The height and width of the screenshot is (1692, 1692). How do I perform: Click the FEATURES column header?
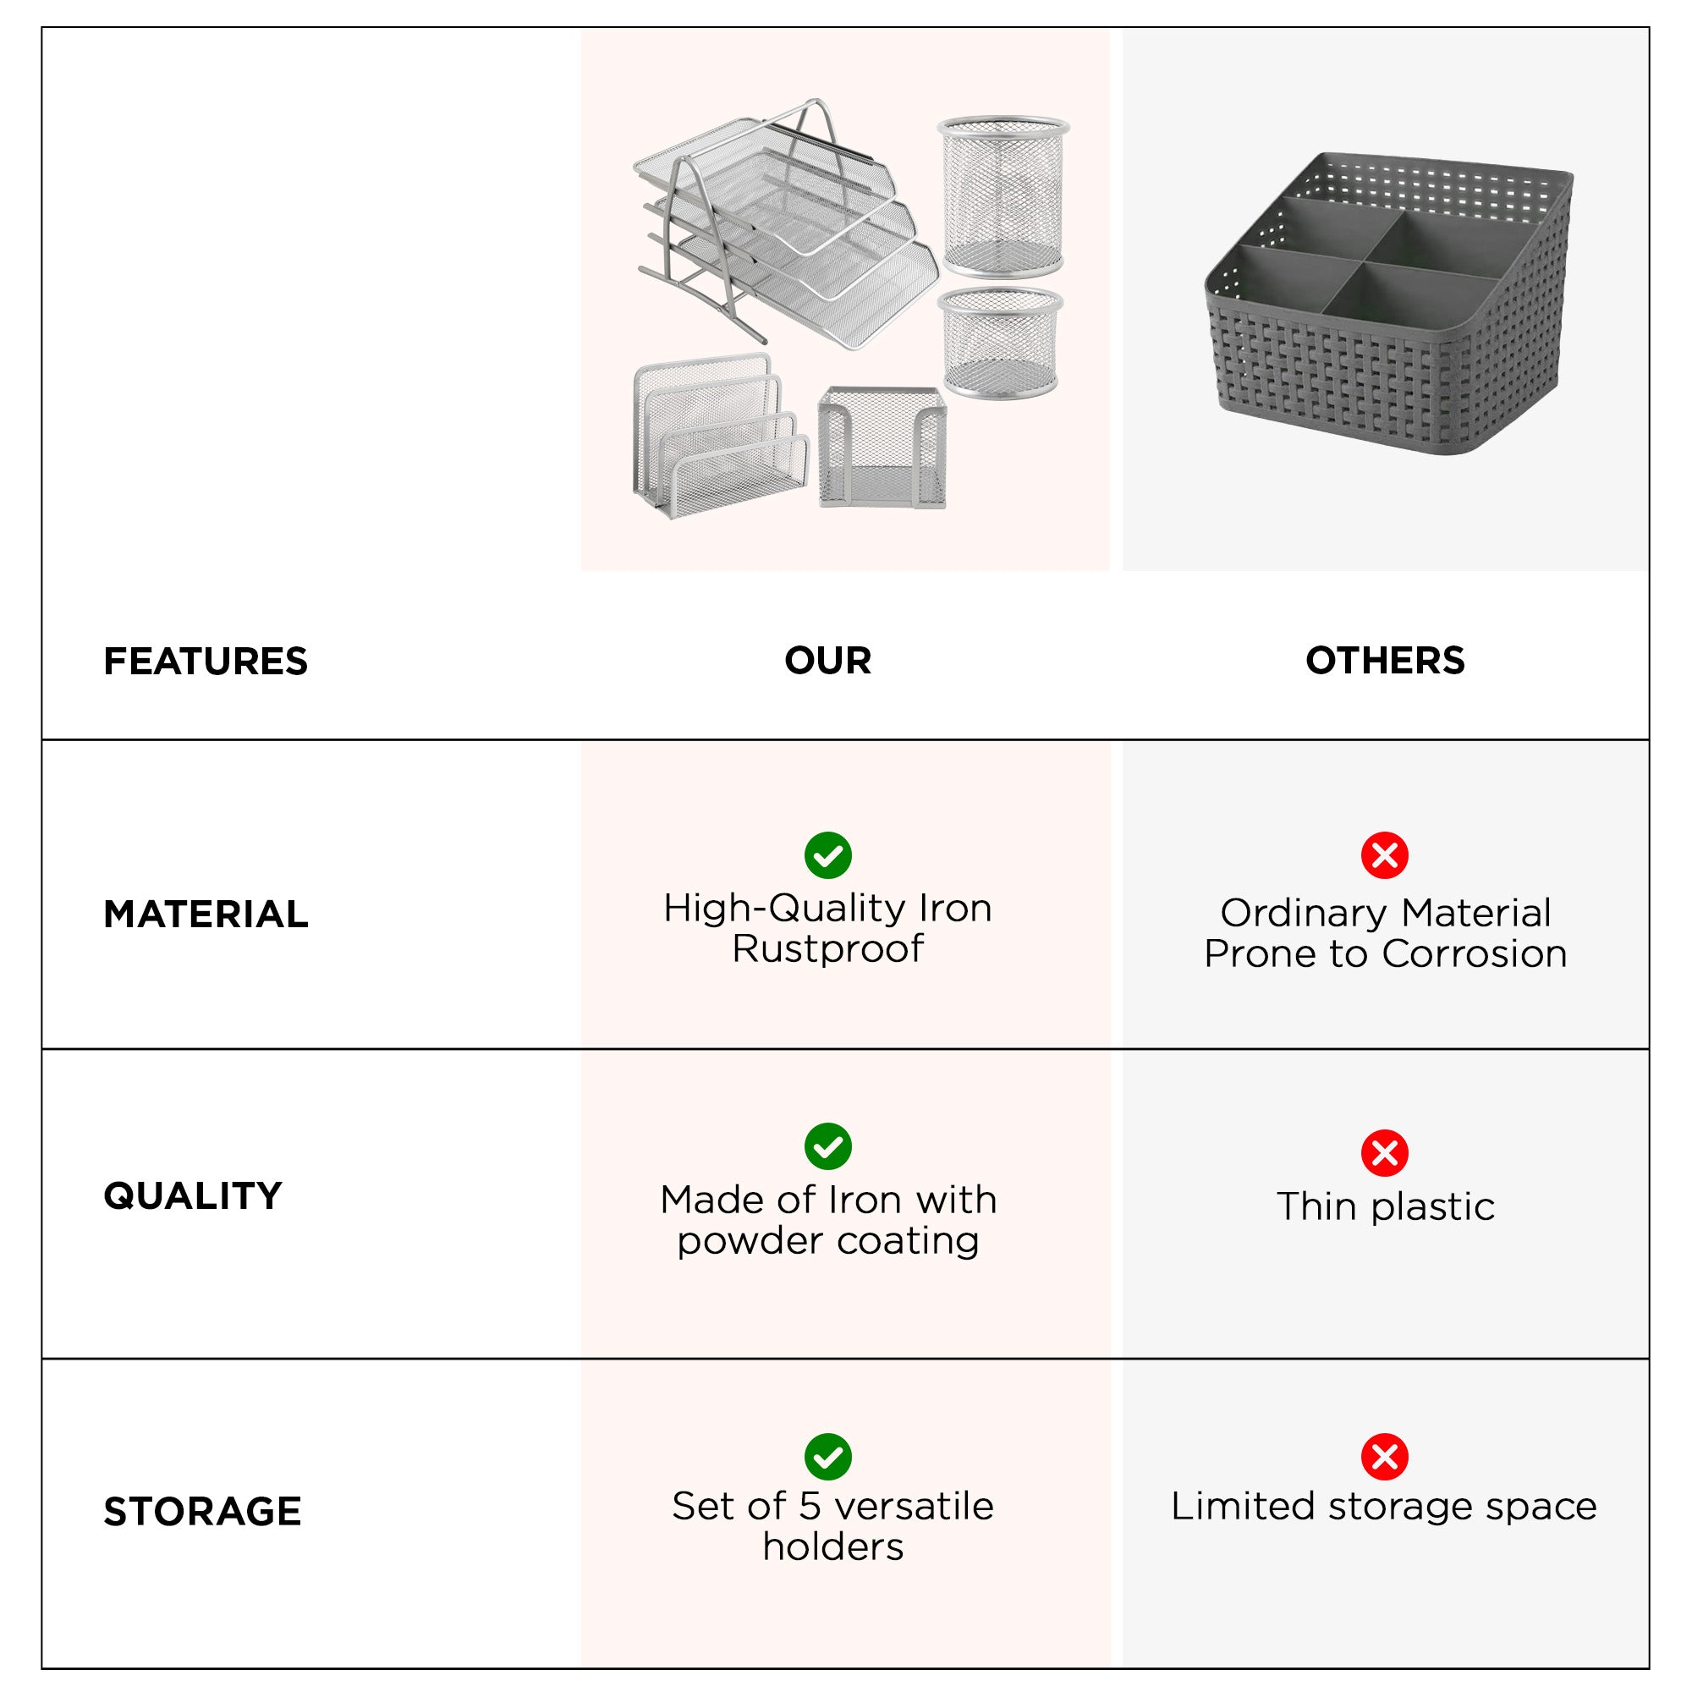tap(206, 662)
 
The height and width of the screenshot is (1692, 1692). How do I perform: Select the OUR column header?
tap(827, 661)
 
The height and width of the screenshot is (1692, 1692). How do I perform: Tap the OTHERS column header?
tap(1385, 661)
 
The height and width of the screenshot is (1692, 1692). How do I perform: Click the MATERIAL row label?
tap(206, 915)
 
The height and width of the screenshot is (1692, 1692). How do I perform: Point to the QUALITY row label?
tap(193, 1195)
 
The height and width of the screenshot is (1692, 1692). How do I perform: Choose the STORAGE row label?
tap(202, 1512)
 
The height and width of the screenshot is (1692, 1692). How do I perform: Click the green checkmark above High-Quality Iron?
tap(827, 854)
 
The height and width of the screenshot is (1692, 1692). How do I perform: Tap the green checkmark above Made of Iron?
tap(827, 1146)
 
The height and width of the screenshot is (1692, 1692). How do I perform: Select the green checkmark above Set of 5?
tap(827, 1458)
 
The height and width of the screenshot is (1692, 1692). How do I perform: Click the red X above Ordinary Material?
tap(1385, 854)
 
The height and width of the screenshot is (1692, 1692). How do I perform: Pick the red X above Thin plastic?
tap(1385, 1152)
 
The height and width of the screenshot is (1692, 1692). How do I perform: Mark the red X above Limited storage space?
tap(1385, 1458)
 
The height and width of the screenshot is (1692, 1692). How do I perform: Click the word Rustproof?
tap(827, 948)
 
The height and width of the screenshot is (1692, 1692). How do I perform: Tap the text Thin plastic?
tap(1385, 1207)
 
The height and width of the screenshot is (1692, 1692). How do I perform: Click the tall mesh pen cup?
tap(1003, 197)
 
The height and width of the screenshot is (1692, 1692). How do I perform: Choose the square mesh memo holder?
tap(882, 447)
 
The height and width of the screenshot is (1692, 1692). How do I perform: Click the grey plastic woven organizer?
tap(1388, 306)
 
